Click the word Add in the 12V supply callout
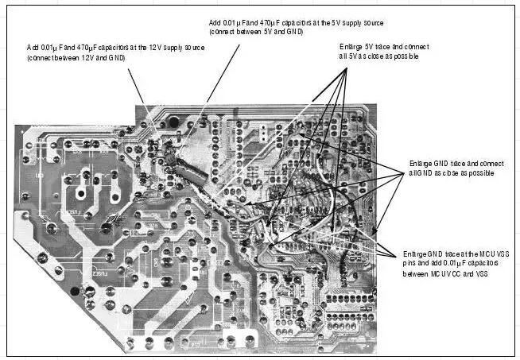(33, 48)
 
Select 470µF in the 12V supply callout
(83, 48)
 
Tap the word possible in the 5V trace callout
(405, 57)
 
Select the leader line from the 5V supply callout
(223, 72)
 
